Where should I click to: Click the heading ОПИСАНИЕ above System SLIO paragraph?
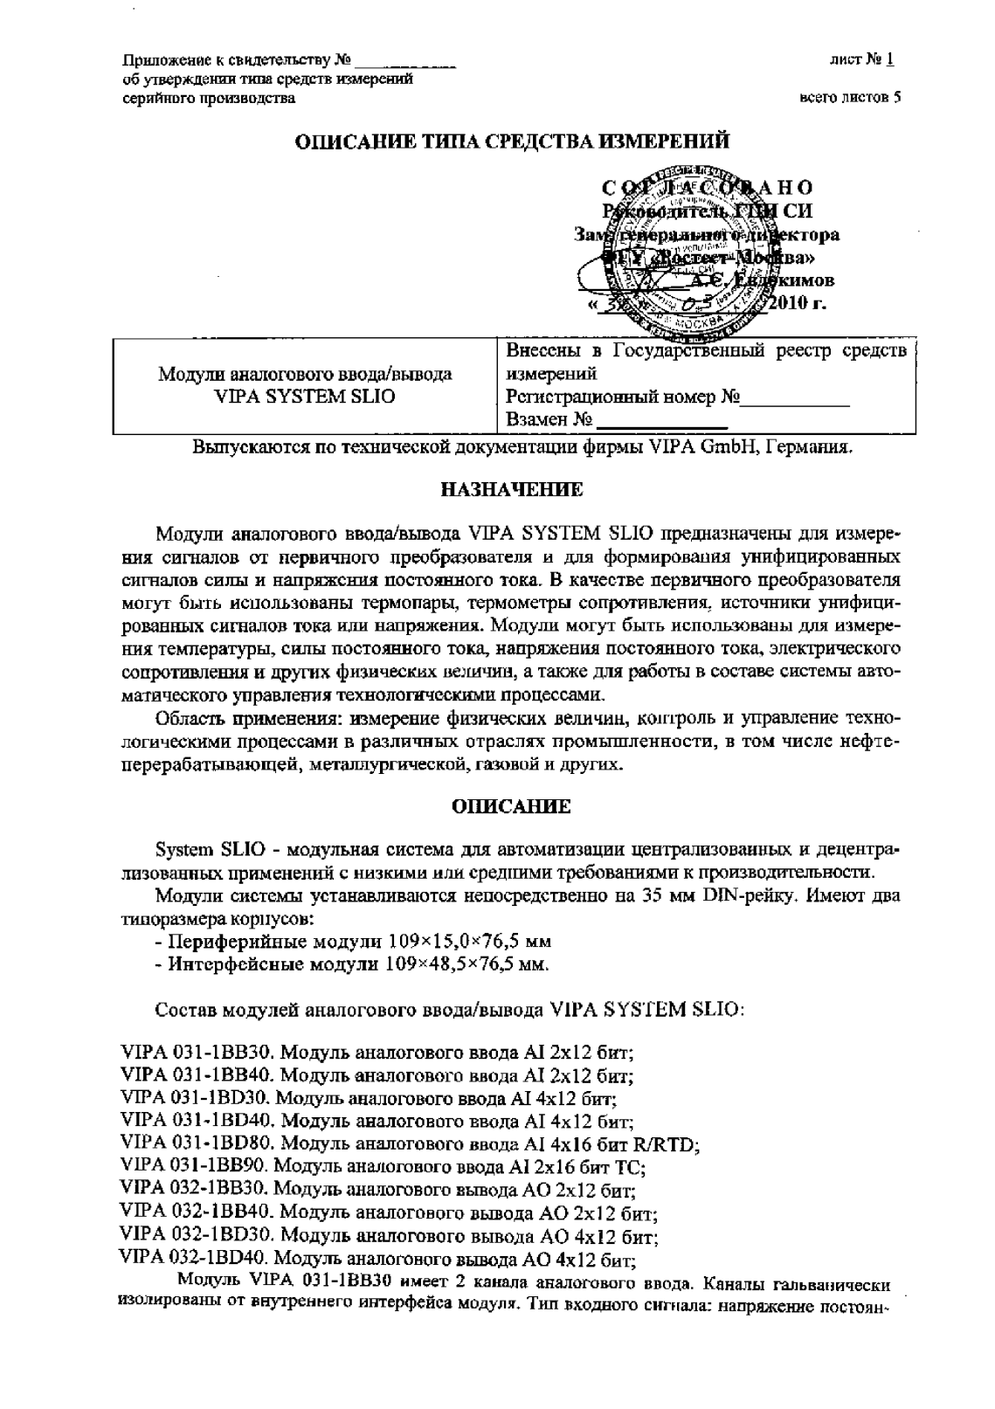pos(511,806)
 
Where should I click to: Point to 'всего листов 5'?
pos(850,98)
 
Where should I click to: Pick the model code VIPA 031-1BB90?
pos(198,1165)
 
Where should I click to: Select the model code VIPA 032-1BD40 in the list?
pos(198,1259)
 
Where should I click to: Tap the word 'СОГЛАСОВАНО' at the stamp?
pos(708,189)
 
